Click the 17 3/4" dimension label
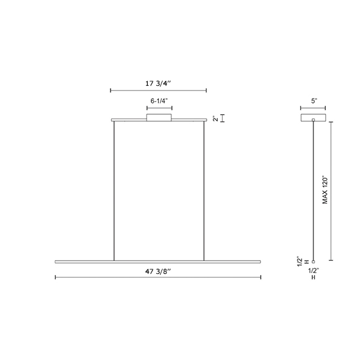tap(158, 83)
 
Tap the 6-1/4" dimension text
tap(159, 101)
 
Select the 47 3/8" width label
tap(158, 271)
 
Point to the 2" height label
tap(215, 119)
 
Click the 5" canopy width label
tap(314, 101)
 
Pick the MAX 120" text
tap(325, 190)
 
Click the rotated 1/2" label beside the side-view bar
tap(300, 261)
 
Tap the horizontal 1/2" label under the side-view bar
tap(313, 271)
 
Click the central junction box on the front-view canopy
tap(159, 117)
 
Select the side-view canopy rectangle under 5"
tap(313, 117)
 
